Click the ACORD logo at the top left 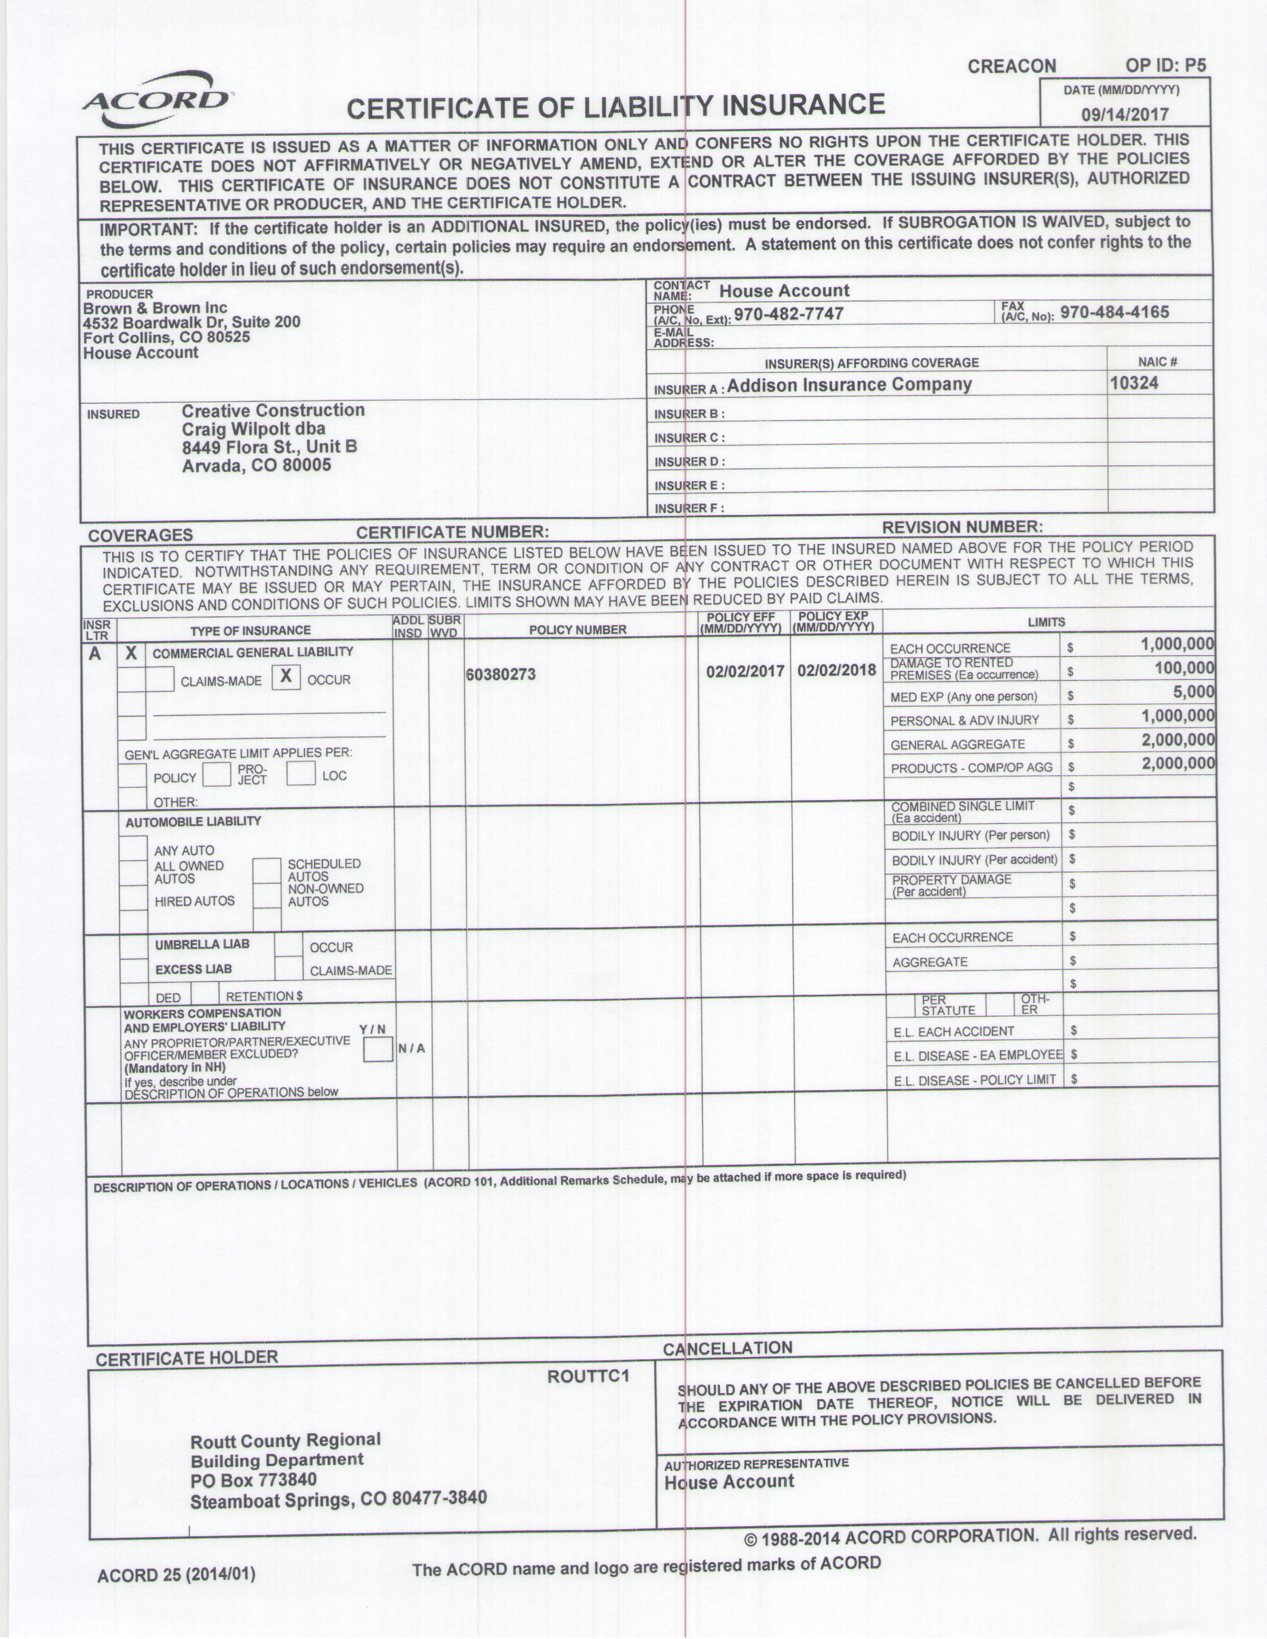156,100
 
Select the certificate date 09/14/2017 1125,114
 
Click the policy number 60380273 501,674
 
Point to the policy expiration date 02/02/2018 837,670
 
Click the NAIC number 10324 1134,383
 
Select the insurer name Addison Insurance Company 849,385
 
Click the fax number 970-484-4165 1114,312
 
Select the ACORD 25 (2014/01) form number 176,1574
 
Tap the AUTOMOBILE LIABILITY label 194,822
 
